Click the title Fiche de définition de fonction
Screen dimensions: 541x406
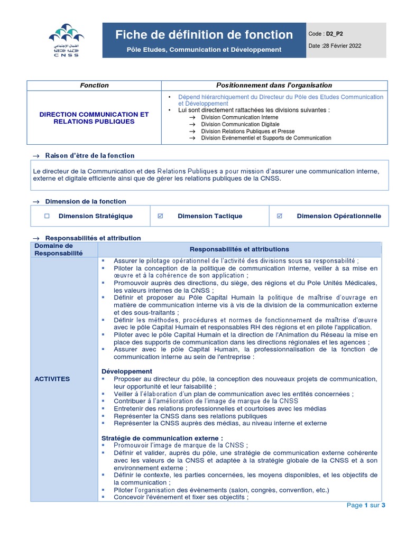tap(204, 35)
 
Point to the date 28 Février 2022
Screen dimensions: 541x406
tap(342, 46)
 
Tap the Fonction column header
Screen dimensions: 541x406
tap(94, 85)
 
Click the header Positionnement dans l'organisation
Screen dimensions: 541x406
tap(274, 85)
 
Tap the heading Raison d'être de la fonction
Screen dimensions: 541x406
tap(90, 155)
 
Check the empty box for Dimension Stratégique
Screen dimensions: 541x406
tap(47, 216)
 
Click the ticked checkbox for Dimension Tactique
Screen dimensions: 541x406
tap(161, 216)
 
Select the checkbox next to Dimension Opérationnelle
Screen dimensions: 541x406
tap(280, 216)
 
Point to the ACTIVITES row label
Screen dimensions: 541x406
tap(52, 379)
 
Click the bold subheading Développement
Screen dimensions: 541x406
tap(127, 371)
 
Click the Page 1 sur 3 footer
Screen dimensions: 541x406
tap(366, 505)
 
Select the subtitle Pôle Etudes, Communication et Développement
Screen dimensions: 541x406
tap(204, 50)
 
